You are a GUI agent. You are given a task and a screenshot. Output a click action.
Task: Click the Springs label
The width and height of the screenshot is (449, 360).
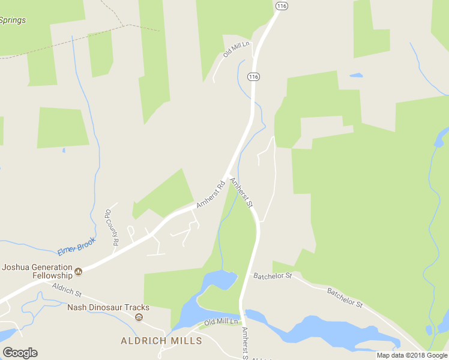coord(13,20)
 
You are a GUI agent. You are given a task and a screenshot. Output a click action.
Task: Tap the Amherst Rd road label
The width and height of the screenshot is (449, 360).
coord(210,195)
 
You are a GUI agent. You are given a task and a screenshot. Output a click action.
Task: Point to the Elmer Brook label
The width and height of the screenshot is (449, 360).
coord(76,245)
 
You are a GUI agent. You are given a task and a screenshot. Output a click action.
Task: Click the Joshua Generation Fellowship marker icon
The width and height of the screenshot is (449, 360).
coord(78,272)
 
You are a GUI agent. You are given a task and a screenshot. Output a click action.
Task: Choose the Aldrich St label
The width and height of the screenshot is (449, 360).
coord(66,290)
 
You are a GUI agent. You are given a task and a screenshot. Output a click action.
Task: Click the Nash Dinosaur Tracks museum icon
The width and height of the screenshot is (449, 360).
coord(139,317)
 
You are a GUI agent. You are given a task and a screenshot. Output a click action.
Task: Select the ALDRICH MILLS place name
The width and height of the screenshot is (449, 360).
coord(161,341)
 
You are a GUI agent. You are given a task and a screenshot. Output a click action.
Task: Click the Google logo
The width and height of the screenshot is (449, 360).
coord(20,353)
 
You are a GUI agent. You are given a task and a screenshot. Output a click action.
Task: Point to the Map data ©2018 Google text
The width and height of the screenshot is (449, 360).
coord(412,355)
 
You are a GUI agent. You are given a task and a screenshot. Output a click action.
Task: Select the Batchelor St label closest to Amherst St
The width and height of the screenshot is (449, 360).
coord(273,276)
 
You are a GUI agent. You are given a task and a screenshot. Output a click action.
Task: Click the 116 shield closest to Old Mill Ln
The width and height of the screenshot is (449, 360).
coord(253,77)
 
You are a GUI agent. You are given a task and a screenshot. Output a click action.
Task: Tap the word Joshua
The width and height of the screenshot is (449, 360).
coord(18,267)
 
